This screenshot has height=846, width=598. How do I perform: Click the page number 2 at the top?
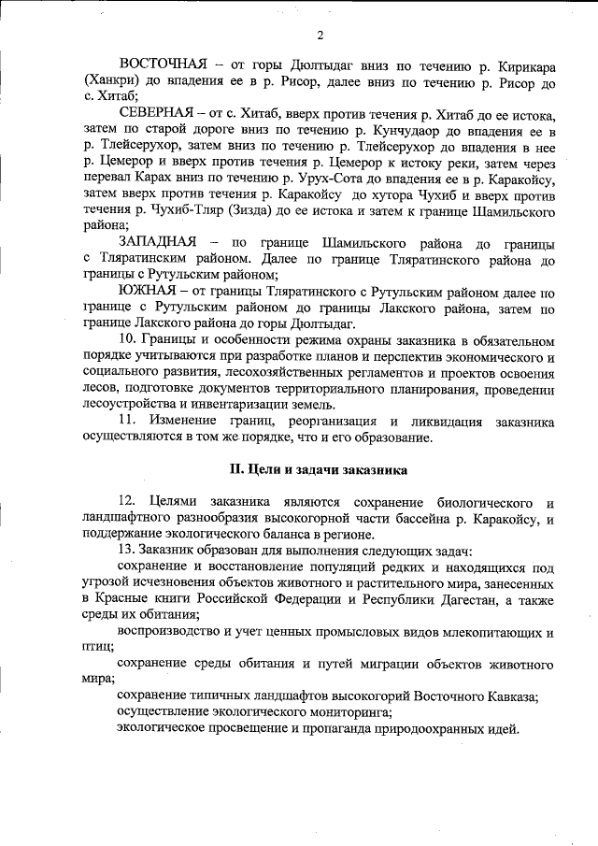pos(320,36)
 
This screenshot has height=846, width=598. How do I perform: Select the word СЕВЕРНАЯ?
pos(156,113)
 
